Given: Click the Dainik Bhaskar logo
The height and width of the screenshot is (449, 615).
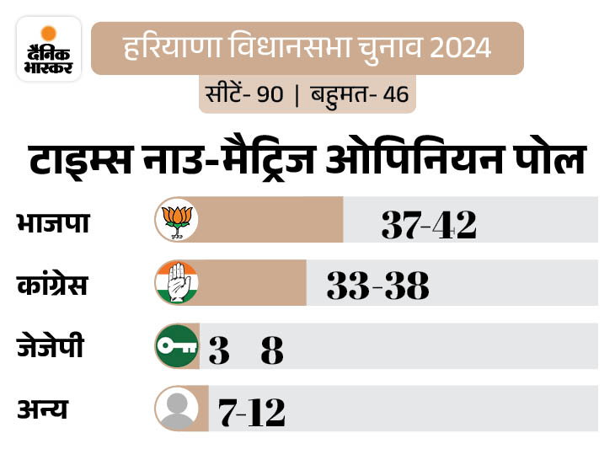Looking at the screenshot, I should [x=49, y=48].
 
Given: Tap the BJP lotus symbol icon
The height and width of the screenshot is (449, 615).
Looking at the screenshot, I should [x=176, y=220].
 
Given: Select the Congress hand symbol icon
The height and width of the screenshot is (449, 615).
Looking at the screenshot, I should [x=176, y=283].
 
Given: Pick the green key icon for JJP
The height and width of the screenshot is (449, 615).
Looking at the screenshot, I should [x=176, y=346].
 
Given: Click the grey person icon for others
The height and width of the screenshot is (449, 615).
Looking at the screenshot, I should [x=176, y=409].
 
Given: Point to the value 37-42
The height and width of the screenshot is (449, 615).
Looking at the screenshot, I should [x=429, y=224].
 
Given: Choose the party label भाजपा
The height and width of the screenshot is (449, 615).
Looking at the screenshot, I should [x=52, y=223].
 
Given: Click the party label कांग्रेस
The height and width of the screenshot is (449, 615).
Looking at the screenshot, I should [x=51, y=285].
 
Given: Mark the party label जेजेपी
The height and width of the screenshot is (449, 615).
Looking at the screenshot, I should [x=50, y=346].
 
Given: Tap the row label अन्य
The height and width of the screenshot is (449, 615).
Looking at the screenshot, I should [x=41, y=410].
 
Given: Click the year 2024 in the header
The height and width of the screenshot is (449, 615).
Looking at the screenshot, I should [x=458, y=47].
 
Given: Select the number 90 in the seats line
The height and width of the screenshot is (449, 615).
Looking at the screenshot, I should [x=270, y=94].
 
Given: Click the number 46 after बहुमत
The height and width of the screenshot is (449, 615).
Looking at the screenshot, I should [x=395, y=94].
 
